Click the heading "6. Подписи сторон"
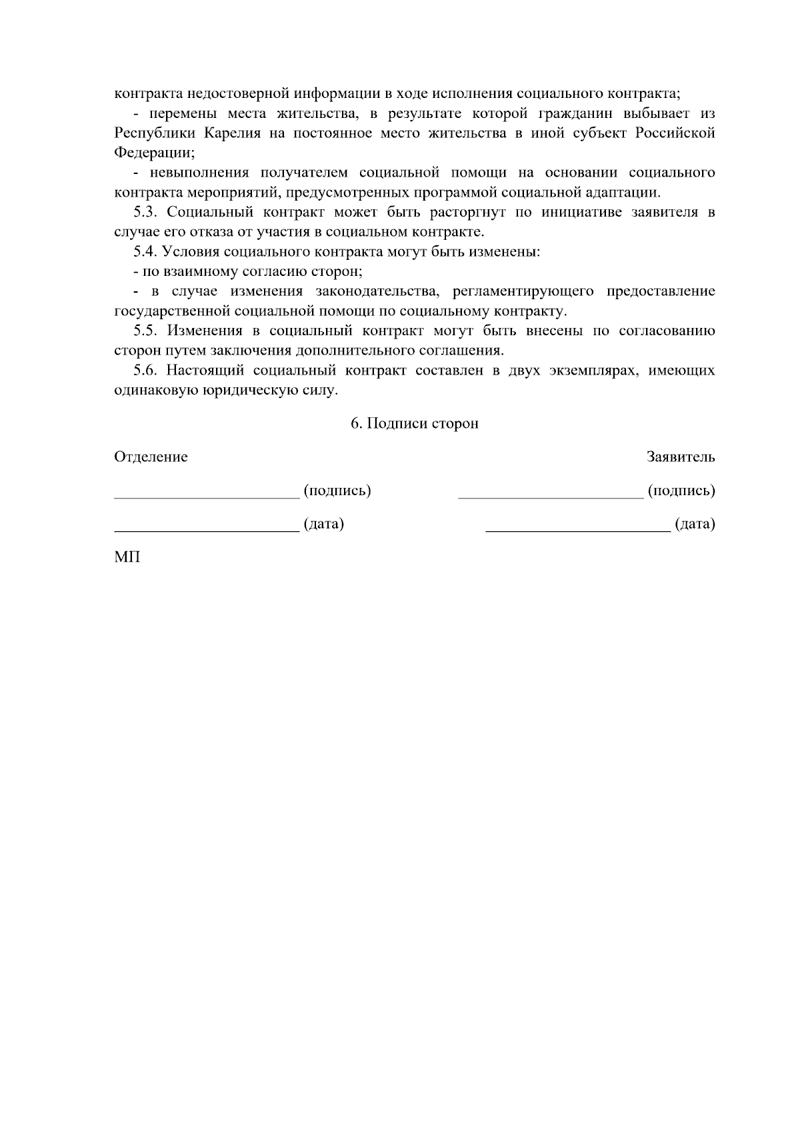point(415,424)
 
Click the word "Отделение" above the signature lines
point(151,457)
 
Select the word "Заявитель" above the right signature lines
point(681,457)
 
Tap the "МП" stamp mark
point(127,557)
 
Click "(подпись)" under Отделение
point(337,491)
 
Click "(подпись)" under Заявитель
point(681,491)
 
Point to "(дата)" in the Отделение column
point(324,525)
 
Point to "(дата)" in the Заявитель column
point(695,525)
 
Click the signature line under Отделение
point(207,497)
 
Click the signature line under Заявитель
point(551,497)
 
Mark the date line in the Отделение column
point(207,531)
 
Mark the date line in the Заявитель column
point(578,531)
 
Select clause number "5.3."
point(146,213)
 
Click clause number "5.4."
point(146,252)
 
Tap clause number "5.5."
point(146,331)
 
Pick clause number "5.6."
point(146,371)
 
